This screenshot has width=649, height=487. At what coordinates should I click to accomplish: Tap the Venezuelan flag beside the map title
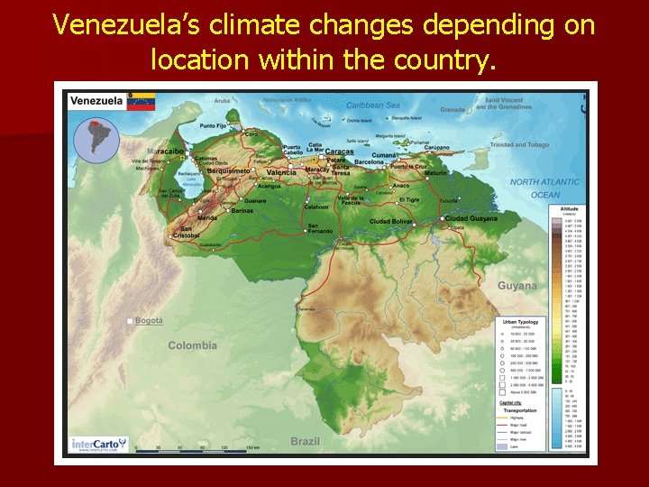(142, 100)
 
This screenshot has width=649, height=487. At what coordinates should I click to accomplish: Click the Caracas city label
(339, 152)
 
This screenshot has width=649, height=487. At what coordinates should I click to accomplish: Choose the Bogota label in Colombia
(150, 320)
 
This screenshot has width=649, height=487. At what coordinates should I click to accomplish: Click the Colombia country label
(192, 345)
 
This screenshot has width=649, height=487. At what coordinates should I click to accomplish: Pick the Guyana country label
(516, 286)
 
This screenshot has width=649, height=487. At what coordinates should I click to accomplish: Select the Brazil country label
(305, 441)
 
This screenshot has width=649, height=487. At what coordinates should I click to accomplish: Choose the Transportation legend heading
(522, 409)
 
